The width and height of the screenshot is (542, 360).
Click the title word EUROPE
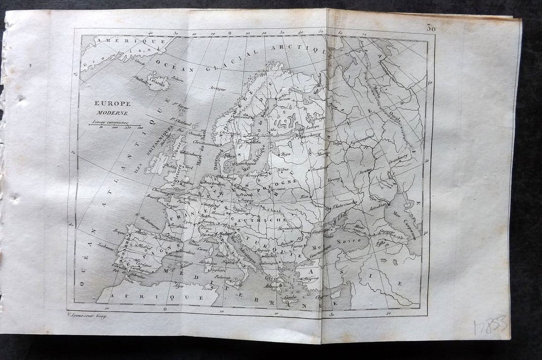tap(113, 103)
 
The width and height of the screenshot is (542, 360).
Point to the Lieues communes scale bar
tap(114, 125)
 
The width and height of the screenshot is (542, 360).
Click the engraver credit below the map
tap(86, 316)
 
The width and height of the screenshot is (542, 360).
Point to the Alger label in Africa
tap(178, 286)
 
